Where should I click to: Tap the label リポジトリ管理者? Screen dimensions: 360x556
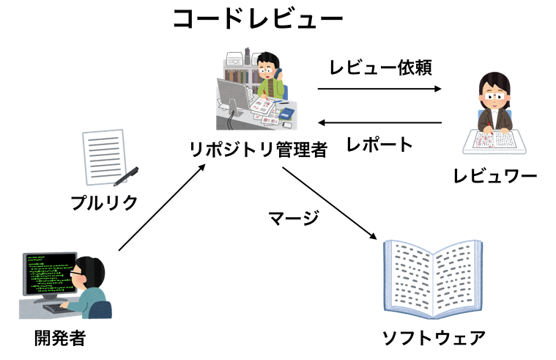pos(258,149)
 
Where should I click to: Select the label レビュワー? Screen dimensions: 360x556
pos(494,176)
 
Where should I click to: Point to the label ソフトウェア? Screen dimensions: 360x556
pos(434,339)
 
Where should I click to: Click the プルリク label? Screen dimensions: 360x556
pos(104,202)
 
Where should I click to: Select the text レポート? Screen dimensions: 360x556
pos(380,144)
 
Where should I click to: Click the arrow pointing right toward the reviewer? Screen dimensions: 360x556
pos(380,89)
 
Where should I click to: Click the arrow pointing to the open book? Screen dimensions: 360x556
pos(329,205)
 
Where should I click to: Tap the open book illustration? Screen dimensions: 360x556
pos(434,279)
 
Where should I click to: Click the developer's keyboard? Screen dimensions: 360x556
pos(58,309)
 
